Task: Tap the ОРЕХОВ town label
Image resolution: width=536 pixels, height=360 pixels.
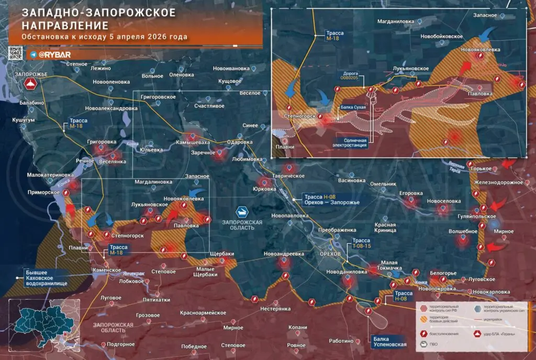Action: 330,253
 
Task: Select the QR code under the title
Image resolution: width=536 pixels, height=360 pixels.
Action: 16,53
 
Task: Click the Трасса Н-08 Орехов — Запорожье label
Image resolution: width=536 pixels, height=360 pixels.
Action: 330,199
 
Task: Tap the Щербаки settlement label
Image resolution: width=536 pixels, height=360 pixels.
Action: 221,254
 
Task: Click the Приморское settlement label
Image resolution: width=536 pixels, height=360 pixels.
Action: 43,192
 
